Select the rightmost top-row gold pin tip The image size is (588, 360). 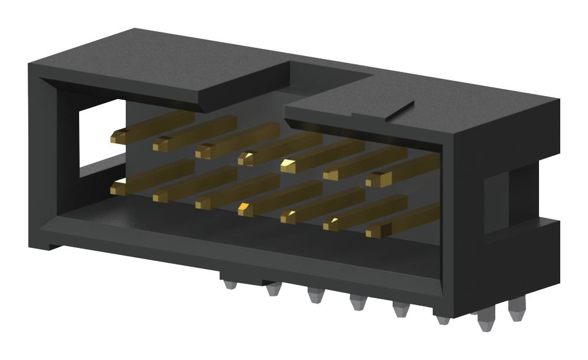[x=374, y=179]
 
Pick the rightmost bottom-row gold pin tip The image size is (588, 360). [x=373, y=231]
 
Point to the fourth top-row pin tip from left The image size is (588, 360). [x=247, y=158]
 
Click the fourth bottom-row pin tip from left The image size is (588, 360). [x=246, y=208]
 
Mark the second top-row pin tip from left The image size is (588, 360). [x=161, y=144]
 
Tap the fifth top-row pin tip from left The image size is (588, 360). [x=289, y=165]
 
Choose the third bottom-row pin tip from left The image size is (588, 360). [x=203, y=202]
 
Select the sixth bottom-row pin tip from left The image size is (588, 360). [x=331, y=224]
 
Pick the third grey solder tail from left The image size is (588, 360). [x=315, y=296]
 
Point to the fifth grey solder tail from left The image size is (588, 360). [x=401, y=309]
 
